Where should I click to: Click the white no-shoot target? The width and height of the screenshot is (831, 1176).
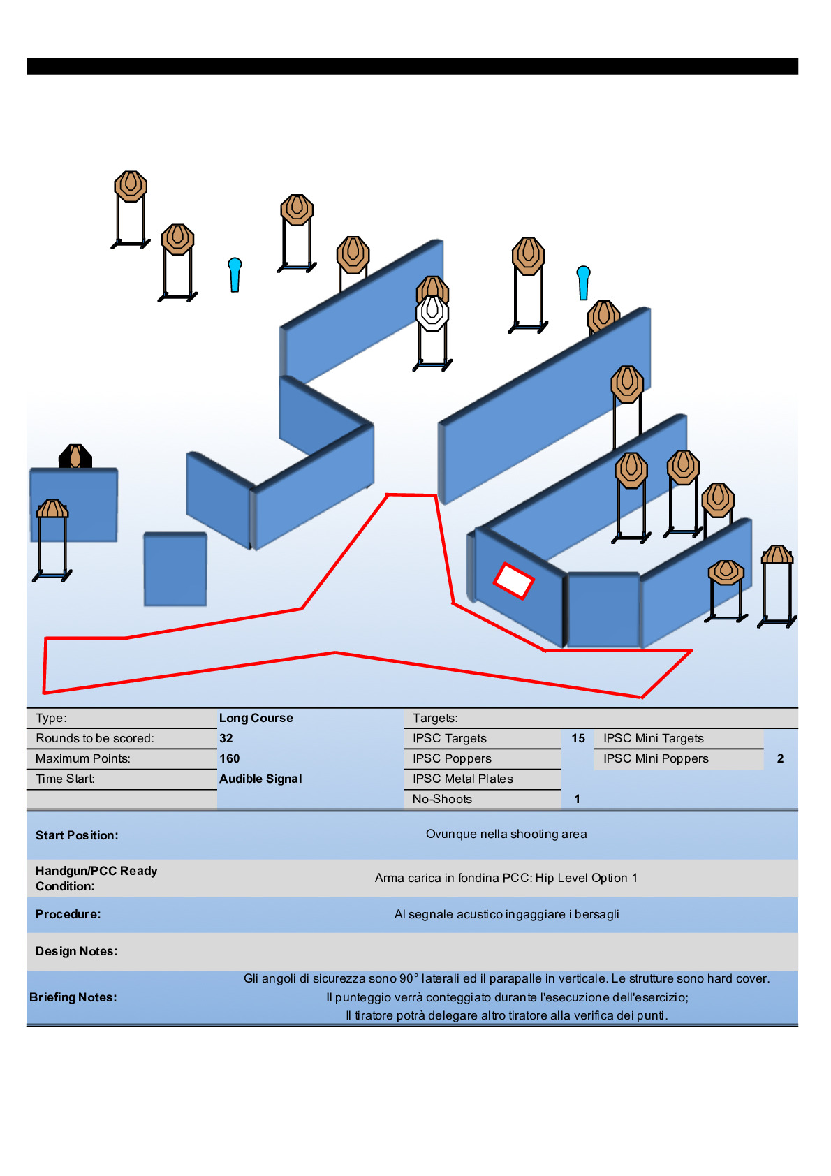432,314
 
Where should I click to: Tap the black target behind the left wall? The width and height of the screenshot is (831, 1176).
75,457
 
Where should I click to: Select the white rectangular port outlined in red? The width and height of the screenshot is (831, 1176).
514,580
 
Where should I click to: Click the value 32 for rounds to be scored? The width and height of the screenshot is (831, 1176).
226,738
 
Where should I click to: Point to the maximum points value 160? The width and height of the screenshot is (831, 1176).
230,758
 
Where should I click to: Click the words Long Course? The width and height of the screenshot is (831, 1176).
256,718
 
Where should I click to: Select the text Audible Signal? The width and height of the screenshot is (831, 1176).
260,779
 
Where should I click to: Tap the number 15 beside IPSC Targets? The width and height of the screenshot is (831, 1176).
578,738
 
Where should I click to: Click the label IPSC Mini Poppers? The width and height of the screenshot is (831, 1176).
656,758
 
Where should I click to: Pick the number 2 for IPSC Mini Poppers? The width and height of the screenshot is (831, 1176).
780,758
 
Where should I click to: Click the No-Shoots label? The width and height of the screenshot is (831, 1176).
442,799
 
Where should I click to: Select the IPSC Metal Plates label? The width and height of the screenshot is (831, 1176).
462,779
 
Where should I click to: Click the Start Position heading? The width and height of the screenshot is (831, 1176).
77,835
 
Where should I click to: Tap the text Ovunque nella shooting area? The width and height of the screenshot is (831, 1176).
506,834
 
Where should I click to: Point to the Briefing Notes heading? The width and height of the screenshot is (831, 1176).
73,997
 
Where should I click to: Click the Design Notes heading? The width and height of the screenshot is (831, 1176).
77,951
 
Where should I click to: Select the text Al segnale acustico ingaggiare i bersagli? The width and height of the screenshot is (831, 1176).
506,914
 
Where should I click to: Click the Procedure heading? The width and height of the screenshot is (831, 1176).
68,914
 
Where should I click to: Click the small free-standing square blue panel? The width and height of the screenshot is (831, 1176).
175,569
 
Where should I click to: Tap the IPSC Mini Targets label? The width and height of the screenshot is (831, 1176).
654,738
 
